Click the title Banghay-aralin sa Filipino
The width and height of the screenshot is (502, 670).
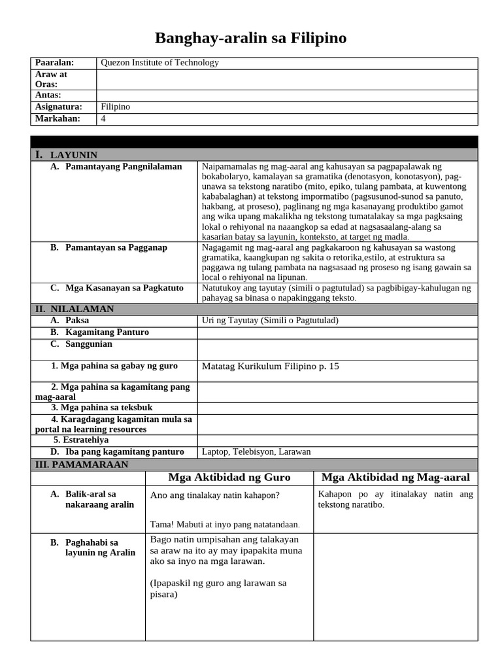[x=250, y=39]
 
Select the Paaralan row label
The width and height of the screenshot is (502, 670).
[x=54, y=63]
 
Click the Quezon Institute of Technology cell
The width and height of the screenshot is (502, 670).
[x=159, y=63]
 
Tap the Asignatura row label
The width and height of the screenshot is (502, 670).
[x=58, y=107]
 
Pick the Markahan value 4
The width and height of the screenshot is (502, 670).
[x=103, y=118]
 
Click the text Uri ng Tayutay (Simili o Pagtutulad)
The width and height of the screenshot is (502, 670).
[x=270, y=321]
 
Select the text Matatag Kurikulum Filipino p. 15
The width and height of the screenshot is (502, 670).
[x=271, y=366]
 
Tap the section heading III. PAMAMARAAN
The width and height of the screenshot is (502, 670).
[x=81, y=464]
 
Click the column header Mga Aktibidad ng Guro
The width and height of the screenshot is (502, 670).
[x=229, y=477]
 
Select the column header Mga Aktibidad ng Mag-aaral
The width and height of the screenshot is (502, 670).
[x=395, y=477]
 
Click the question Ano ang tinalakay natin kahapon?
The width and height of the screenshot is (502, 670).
[x=214, y=495]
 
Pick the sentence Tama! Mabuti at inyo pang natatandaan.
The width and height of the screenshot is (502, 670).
[x=225, y=524]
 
